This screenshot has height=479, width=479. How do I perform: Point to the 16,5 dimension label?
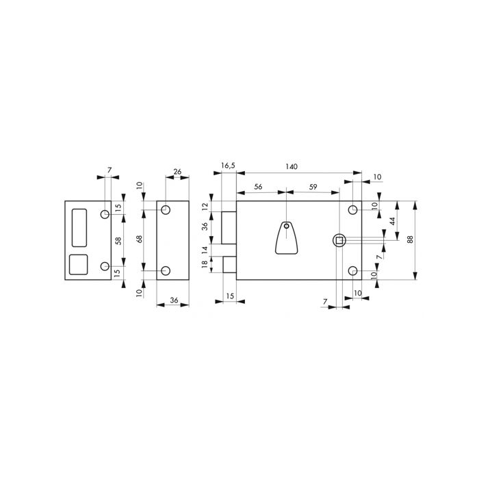point(229,166)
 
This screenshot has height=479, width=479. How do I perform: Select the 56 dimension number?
point(259,186)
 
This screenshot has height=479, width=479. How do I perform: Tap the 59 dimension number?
point(312,186)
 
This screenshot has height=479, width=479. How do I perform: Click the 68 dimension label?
point(139,239)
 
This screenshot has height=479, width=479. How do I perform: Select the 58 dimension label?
point(118,240)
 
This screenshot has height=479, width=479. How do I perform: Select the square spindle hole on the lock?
point(338,239)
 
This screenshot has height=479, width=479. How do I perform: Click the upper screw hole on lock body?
point(353,209)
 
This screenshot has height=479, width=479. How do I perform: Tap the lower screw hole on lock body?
point(353,271)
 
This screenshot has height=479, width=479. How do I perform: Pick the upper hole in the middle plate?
point(166,209)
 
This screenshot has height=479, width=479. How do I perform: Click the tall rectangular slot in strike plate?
point(79,226)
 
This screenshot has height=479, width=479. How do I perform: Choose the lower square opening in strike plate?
point(79,264)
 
